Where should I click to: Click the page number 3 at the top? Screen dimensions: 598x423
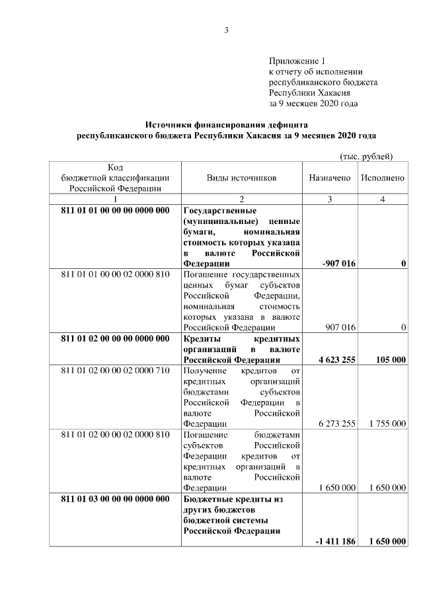coord(226,30)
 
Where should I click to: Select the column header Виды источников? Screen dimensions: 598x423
coord(241,178)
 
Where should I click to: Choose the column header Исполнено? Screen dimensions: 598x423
coord(383,178)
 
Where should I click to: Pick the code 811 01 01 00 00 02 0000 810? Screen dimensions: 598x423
coord(115,274)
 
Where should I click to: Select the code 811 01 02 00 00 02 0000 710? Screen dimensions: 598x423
coord(115,371)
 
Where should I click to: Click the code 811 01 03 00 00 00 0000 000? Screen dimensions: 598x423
coord(115,499)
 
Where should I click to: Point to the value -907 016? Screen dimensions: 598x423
coord(339,264)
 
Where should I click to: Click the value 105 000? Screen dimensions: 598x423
coord(389,359)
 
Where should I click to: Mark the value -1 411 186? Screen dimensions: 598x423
coord(336,541)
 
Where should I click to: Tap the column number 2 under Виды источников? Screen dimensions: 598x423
coord(241,200)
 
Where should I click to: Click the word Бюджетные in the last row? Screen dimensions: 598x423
coord(206,499)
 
